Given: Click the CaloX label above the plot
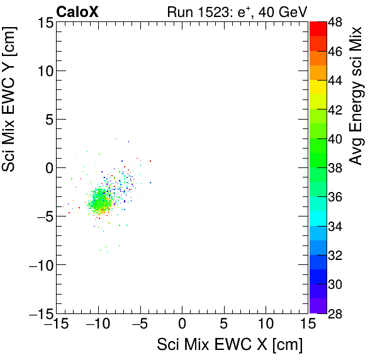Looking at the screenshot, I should click(x=77, y=11).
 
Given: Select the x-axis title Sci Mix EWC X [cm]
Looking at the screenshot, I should click(x=230, y=346).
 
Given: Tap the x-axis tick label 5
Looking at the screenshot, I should click(x=224, y=325).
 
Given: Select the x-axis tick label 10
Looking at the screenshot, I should click(x=266, y=325).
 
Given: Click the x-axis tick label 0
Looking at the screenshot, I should click(x=182, y=325).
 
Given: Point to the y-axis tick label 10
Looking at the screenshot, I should click(x=43, y=70).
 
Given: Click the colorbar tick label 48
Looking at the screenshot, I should click(x=335, y=22).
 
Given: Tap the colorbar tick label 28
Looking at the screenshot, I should click(x=335, y=313).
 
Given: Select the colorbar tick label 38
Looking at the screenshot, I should click(x=335, y=168).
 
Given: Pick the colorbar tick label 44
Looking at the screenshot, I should click(x=335, y=81).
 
